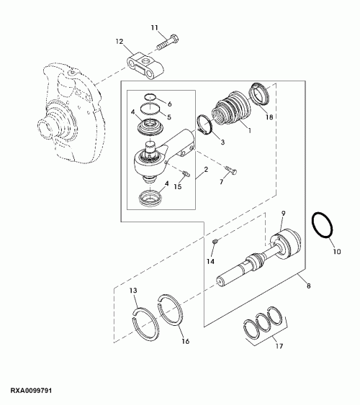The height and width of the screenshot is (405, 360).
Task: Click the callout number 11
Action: [x=154, y=27]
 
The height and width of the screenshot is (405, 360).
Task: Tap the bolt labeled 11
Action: [x=168, y=43]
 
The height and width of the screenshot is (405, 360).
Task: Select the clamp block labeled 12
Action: [x=145, y=66]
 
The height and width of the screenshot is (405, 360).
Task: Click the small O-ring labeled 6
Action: [x=150, y=97]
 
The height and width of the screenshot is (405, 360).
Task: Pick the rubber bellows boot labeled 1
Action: [x=231, y=109]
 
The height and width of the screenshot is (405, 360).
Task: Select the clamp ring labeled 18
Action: [x=259, y=94]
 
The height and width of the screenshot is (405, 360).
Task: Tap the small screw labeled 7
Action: [x=231, y=170]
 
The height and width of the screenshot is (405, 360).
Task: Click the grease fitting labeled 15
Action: [x=186, y=173]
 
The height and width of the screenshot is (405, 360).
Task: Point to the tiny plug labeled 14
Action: [x=215, y=241]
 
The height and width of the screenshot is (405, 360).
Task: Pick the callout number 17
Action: [x=279, y=346]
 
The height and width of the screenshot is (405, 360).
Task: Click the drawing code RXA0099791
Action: [x=31, y=390]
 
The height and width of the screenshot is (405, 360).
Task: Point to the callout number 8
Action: [x=308, y=286]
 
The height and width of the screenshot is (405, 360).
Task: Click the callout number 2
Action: [x=206, y=170]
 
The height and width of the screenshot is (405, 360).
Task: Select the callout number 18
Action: [x=269, y=117]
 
